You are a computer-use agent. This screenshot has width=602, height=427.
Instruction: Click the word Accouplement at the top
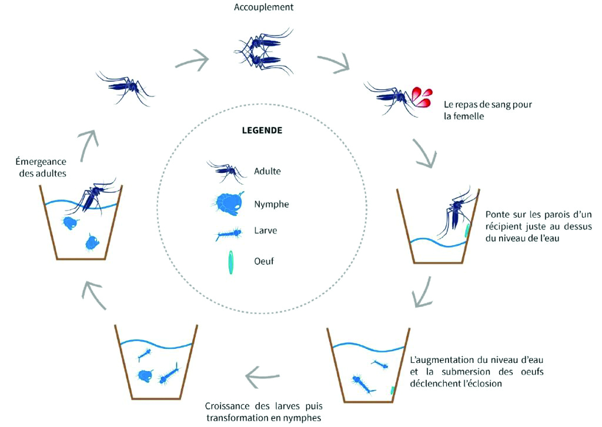[263, 7]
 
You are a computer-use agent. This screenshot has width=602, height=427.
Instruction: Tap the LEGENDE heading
[262, 130]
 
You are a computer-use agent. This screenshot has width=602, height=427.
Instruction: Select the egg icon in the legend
[230, 262]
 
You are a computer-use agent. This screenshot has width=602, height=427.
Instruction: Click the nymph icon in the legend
[228, 203]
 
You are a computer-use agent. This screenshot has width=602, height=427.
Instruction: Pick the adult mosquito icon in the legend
[226, 171]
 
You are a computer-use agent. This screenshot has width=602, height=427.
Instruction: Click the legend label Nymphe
[272, 204]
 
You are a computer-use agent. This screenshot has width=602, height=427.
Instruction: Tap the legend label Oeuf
[264, 261]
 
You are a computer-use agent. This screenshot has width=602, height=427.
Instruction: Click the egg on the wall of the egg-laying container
[467, 231]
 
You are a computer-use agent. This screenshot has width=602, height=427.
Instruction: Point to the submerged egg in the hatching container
[392, 390]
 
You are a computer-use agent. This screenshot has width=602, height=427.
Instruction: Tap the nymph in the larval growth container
[146, 376]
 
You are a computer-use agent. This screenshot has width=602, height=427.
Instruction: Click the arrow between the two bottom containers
[263, 376]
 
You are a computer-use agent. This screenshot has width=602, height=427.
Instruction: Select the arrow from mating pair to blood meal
[333, 62]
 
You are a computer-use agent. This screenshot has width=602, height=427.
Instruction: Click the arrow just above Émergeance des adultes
[88, 145]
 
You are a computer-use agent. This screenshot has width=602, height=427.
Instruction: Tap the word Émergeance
[41, 161]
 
